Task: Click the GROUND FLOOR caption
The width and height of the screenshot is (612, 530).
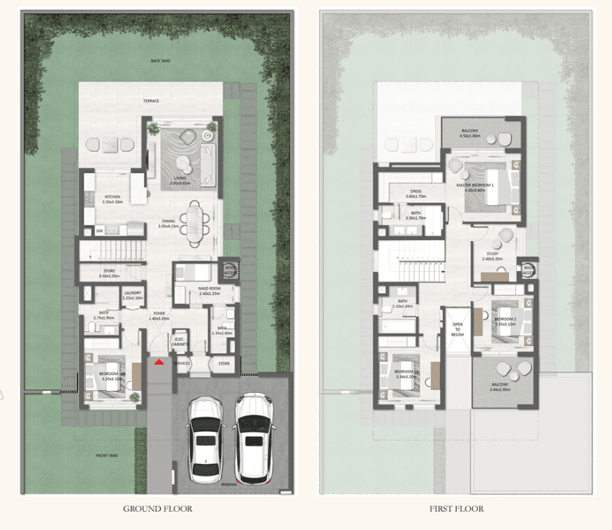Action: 157,509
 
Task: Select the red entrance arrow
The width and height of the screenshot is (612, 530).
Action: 159,361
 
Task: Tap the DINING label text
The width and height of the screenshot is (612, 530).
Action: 170,223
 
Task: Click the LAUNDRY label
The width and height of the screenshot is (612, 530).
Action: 133,294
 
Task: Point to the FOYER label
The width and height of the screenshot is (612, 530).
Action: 158,313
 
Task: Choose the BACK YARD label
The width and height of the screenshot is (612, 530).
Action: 160,62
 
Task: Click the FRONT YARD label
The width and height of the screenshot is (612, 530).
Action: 108,455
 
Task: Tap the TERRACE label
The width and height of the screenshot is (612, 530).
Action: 151,101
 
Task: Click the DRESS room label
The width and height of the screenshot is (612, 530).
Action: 415,192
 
